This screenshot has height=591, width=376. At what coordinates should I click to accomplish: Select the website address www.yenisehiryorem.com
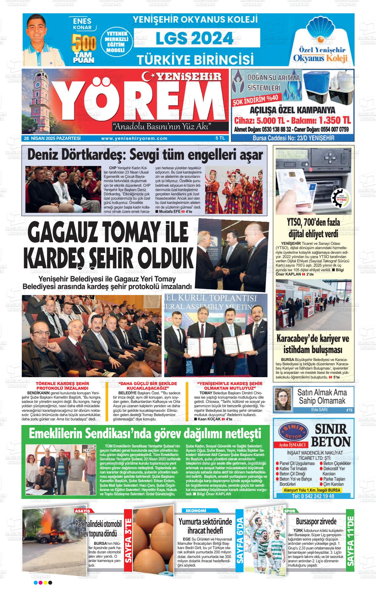click(134, 139)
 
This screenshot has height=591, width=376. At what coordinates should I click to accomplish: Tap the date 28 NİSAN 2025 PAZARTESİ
click(52, 139)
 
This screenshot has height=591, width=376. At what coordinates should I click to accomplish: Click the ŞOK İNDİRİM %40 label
click(256, 98)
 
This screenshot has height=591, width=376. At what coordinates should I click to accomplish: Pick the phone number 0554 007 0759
click(329, 129)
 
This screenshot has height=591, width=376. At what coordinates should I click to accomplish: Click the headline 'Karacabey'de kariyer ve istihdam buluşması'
click(312, 344)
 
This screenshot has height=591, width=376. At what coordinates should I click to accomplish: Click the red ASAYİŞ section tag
click(82, 510)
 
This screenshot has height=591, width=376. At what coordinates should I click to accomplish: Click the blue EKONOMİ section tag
click(196, 510)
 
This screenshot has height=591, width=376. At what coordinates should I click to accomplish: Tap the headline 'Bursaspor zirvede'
click(316, 521)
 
